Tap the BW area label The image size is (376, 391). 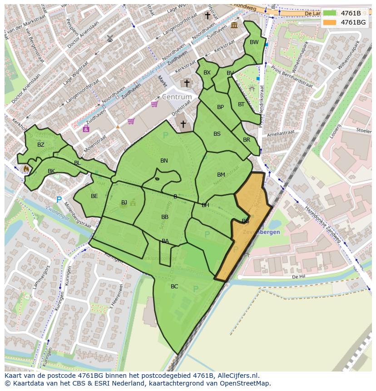(254, 42)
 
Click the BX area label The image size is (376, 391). (207, 73)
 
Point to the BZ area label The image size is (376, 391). (41, 145)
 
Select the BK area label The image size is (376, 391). (51, 171)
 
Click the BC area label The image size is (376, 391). (174, 287)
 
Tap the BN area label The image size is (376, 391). (164, 161)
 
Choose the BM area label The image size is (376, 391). (221, 175)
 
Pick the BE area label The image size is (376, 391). (94, 196)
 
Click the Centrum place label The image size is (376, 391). (177, 97)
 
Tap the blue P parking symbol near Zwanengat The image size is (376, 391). (59, 199)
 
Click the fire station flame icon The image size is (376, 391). (26, 169)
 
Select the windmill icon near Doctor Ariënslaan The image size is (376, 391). (109, 38)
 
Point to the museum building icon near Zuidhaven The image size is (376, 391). (234, 25)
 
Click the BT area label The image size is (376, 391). (241, 104)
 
